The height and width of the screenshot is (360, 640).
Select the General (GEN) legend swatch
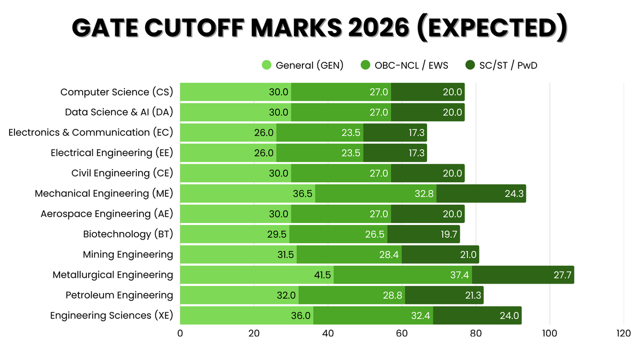(x=267, y=65)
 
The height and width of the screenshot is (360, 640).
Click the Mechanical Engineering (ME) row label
(x=104, y=194)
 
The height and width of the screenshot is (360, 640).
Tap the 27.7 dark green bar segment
(x=523, y=275)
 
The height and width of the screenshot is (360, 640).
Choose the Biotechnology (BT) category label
(x=128, y=234)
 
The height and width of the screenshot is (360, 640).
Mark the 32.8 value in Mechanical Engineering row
(x=425, y=194)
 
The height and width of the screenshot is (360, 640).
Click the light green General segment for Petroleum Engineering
(x=239, y=295)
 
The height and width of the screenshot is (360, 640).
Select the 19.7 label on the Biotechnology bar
(x=448, y=234)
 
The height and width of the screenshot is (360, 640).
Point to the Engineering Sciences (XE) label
(x=111, y=316)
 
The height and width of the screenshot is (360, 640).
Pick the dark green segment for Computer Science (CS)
(x=428, y=92)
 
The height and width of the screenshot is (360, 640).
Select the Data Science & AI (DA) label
(x=119, y=113)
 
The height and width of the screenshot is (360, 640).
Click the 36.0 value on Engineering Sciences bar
(x=301, y=316)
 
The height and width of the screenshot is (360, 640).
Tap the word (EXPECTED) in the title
(x=491, y=28)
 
